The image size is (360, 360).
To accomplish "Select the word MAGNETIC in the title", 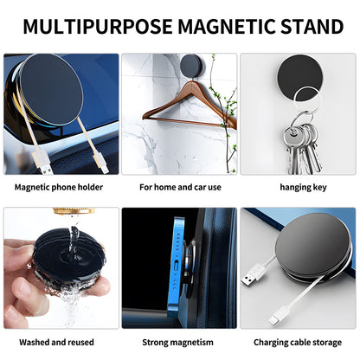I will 222,26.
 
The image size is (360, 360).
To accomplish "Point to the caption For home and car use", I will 180,185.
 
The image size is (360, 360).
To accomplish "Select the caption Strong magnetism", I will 180,342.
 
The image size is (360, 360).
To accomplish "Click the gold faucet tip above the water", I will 67,211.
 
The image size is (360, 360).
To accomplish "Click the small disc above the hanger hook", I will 191,65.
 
